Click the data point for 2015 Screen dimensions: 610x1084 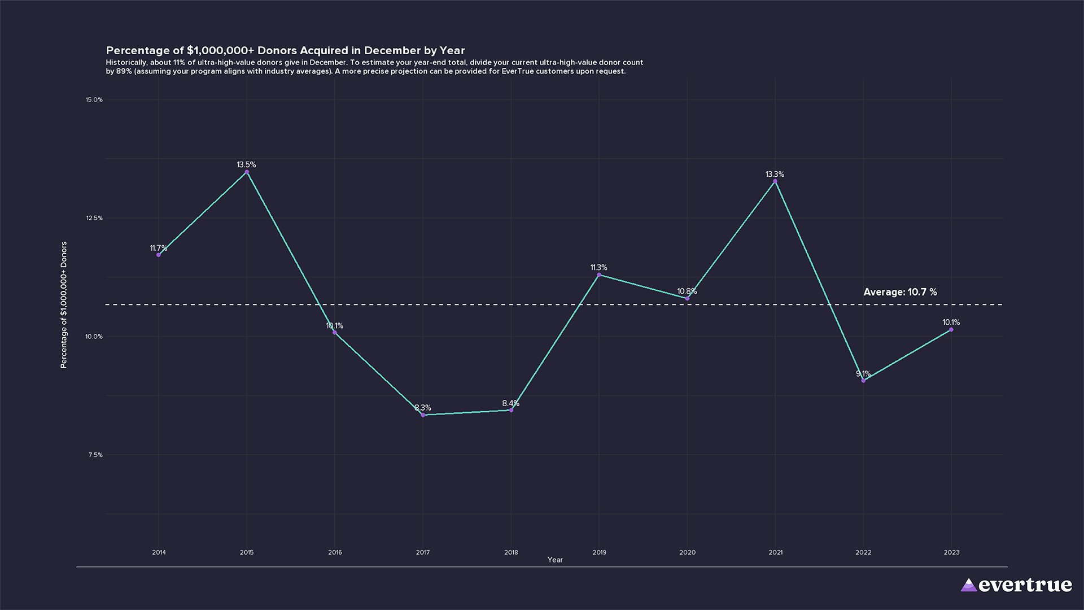click(x=247, y=172)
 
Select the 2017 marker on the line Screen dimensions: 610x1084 click(x=423, y=415)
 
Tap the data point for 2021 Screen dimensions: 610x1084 click(x=775, y=181)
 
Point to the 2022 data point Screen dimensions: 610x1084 click(x=863, y=381)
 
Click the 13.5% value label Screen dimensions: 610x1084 click(x=246, y=165)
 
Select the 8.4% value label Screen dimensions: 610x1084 click(x=510, y=403)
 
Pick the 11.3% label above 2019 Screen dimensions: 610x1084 click(x=598, y=268)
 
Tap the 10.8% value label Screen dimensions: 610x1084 click(x=687, y=291)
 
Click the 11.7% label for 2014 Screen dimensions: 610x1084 click(x=158, y=249)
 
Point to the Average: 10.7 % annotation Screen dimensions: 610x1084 click(x=900, y=292)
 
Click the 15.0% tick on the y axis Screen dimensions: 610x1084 click(x=94, y=100)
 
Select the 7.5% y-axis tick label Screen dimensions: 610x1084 click(x=95, y=455)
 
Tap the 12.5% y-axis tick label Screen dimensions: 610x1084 click(x=94, y=219)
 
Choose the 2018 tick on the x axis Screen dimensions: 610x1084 click(x=511, y=552)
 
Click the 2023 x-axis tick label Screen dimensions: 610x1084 click(x=951, y=552)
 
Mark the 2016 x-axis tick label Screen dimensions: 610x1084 click(x=335, y=552)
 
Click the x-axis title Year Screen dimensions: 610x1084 click(x=555, y=560)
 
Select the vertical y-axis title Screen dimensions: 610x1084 click(x=64, y=305)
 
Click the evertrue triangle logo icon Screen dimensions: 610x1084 click(x=968, y=585)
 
